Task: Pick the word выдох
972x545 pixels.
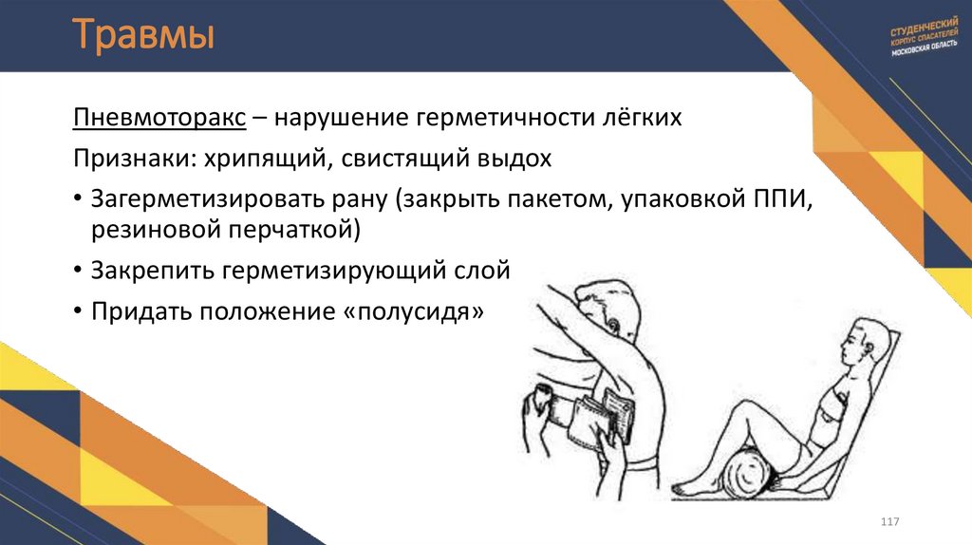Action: (518, 158)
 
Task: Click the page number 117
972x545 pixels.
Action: (889, 523)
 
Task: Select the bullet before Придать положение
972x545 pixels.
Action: (76, 311)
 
